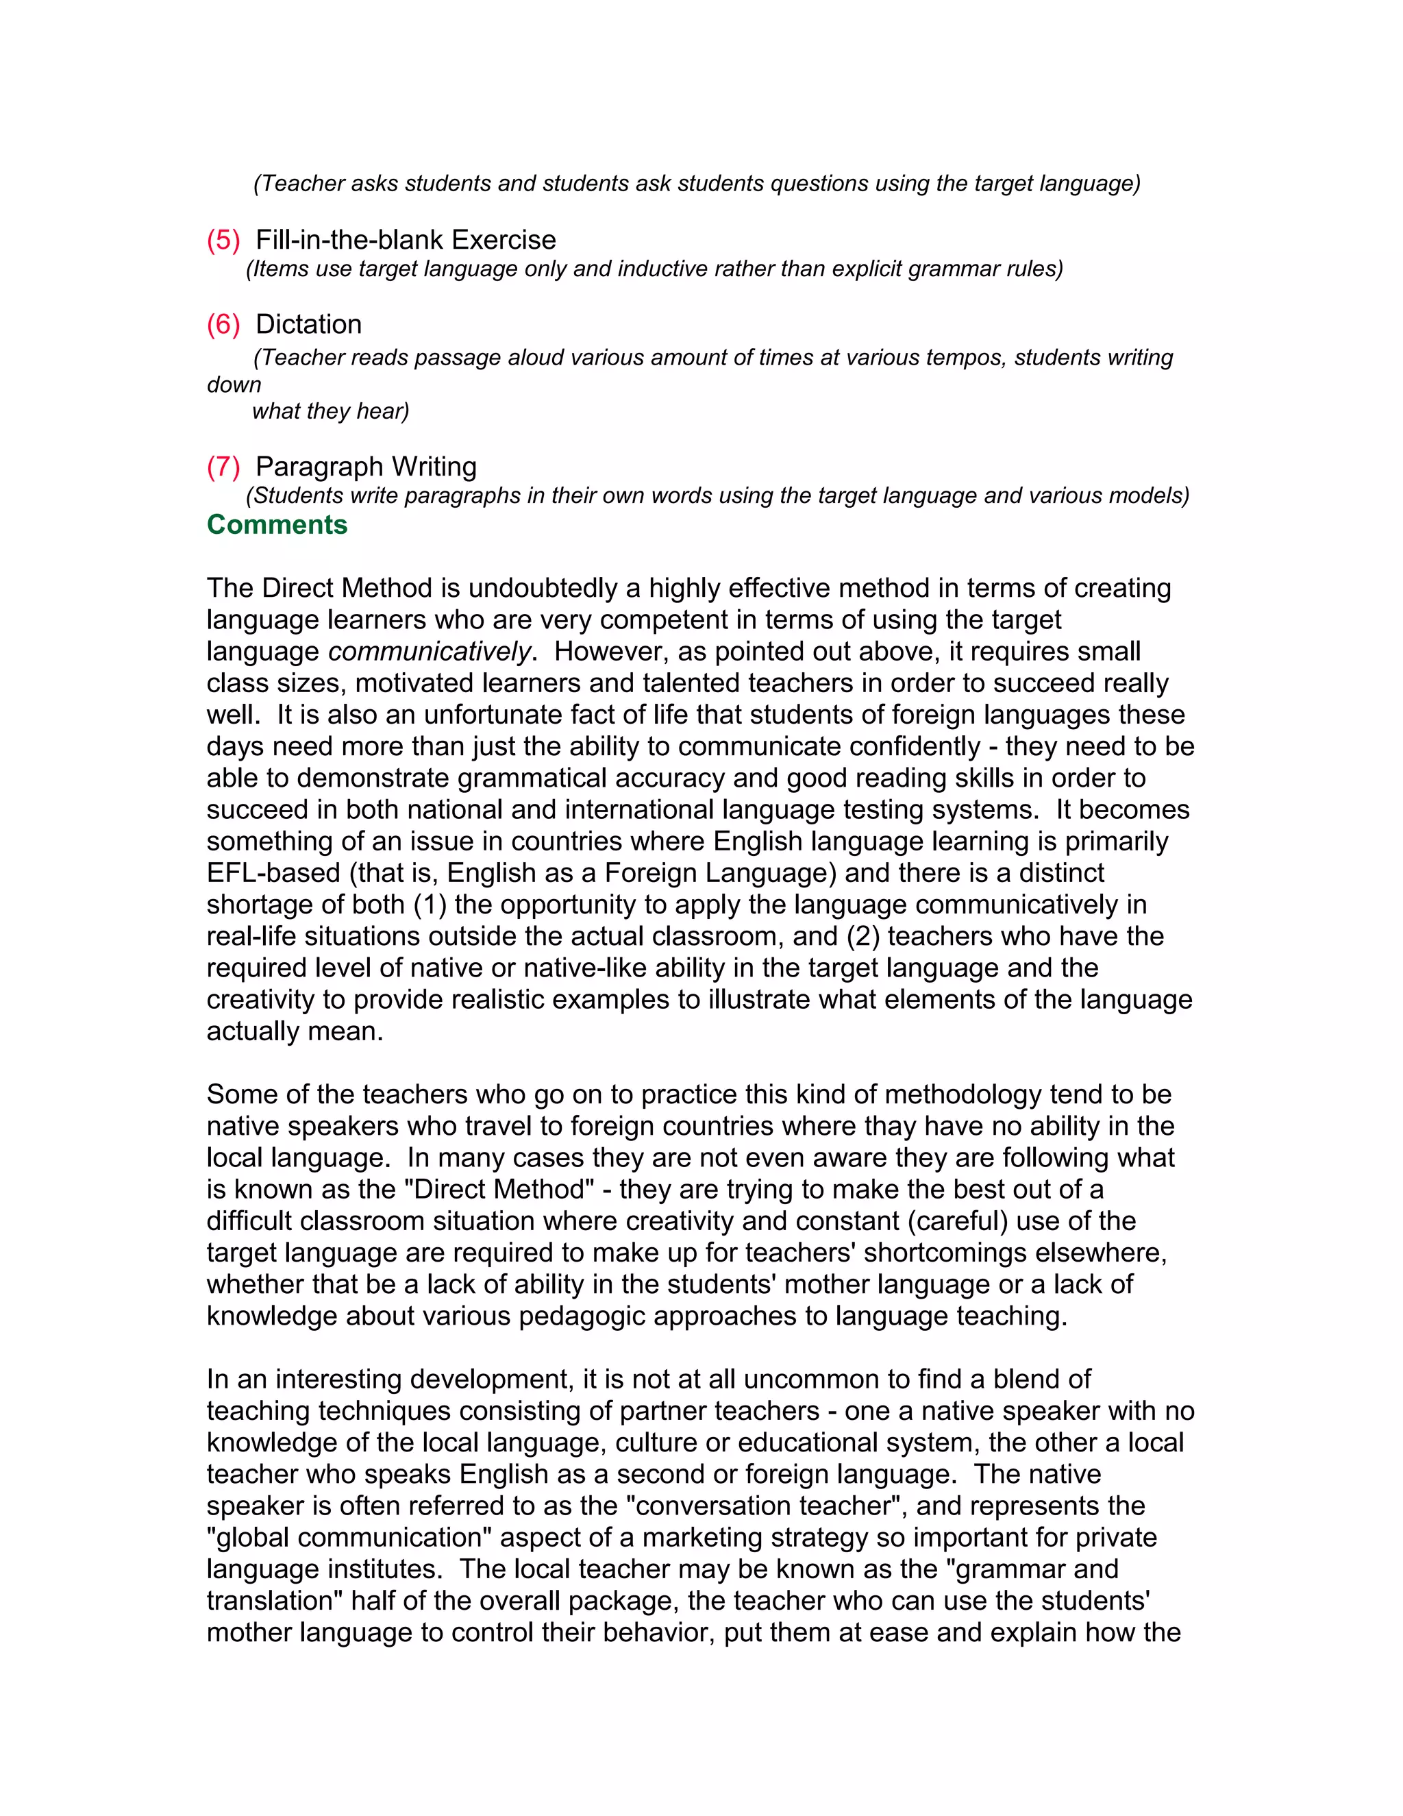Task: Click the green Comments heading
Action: tap(277, 525)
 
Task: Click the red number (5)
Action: tap(223, 241)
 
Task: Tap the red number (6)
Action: tap(223, 324)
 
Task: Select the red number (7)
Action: tap(223, 467)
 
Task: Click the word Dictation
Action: tap(308, 324)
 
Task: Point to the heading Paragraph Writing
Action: tap(366, 467)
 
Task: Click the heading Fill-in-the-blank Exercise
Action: tap(406, 241)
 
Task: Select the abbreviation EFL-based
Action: tap(273, 873)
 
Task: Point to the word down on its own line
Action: tap(234, 385)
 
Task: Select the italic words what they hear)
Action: tap(331, 412)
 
